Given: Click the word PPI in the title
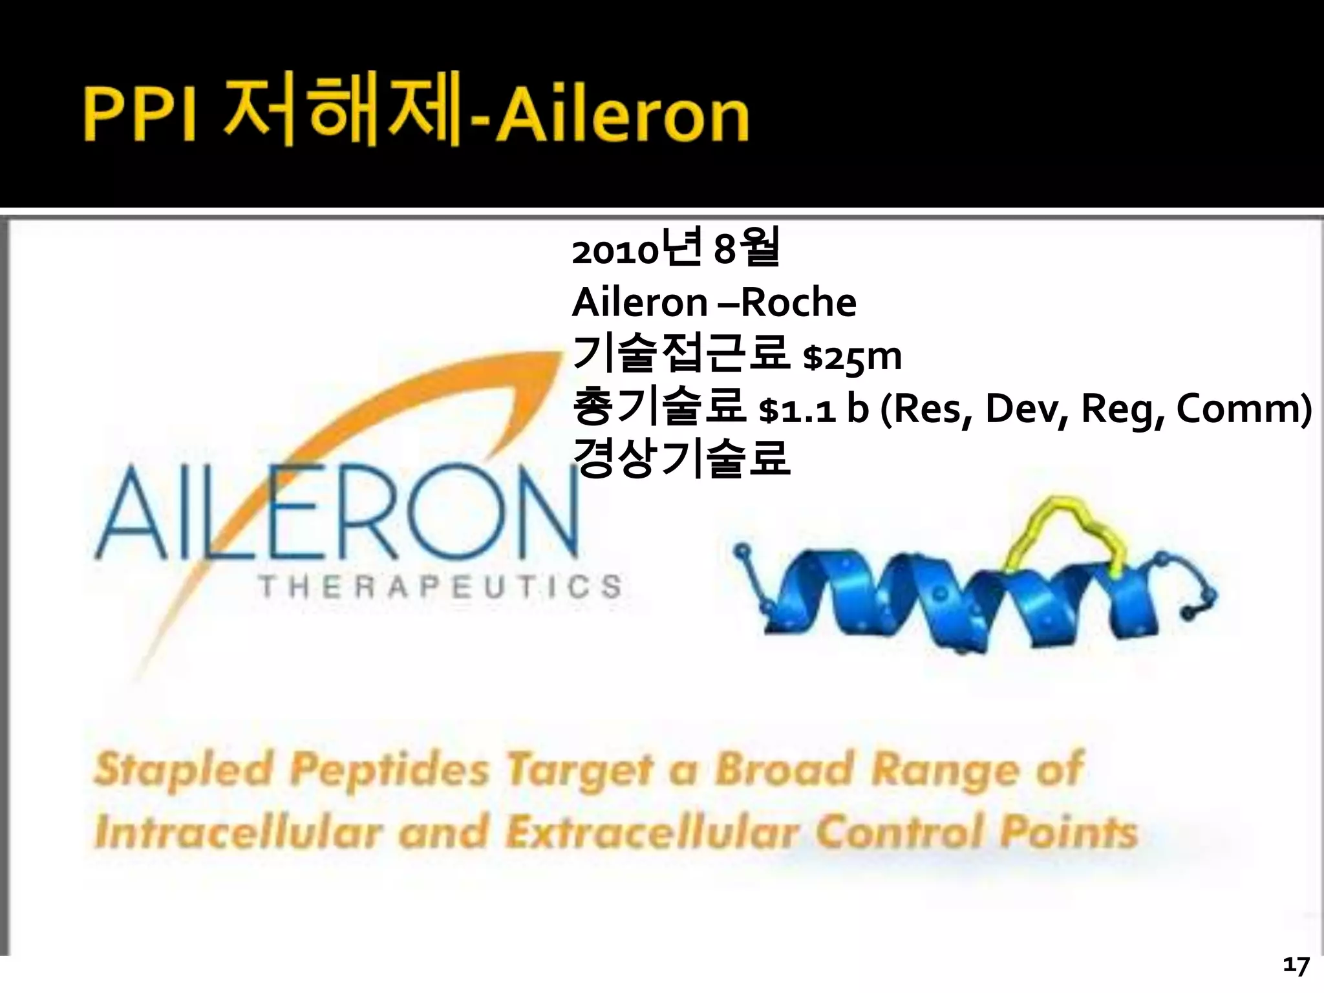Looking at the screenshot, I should (140, 116).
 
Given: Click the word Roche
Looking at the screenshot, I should (798, 303).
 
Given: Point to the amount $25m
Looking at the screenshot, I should (851, 357).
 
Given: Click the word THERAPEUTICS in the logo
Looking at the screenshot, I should (440, 587).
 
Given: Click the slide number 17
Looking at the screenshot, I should (1296, 966).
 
